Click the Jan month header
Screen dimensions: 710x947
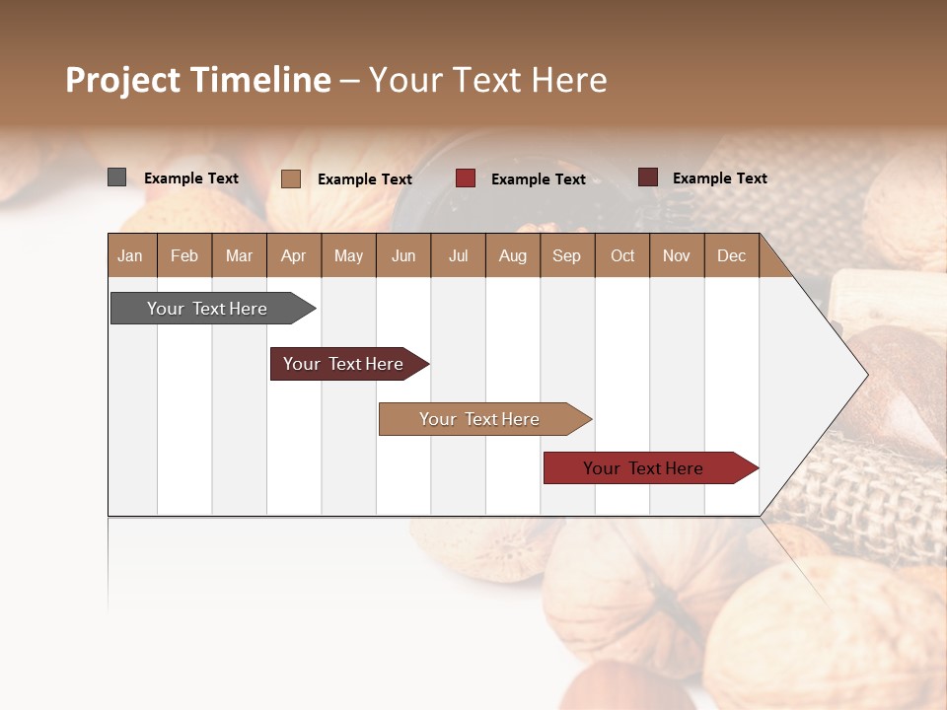130,255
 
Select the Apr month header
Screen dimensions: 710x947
293,255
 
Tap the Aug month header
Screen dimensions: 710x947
512,255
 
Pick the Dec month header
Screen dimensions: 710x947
731,255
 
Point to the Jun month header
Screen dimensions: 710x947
402,255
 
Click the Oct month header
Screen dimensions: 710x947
621,255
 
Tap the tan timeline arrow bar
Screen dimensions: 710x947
480,419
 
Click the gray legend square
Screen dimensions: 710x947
116,177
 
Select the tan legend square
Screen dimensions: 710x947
290,178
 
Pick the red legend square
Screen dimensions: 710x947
465,178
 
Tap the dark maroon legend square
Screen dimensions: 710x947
647,177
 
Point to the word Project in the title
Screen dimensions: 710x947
123,80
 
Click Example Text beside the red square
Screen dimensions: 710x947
539,178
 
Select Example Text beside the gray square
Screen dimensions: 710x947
191,177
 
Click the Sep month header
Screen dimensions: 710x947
566,255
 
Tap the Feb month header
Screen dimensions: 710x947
183,255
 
